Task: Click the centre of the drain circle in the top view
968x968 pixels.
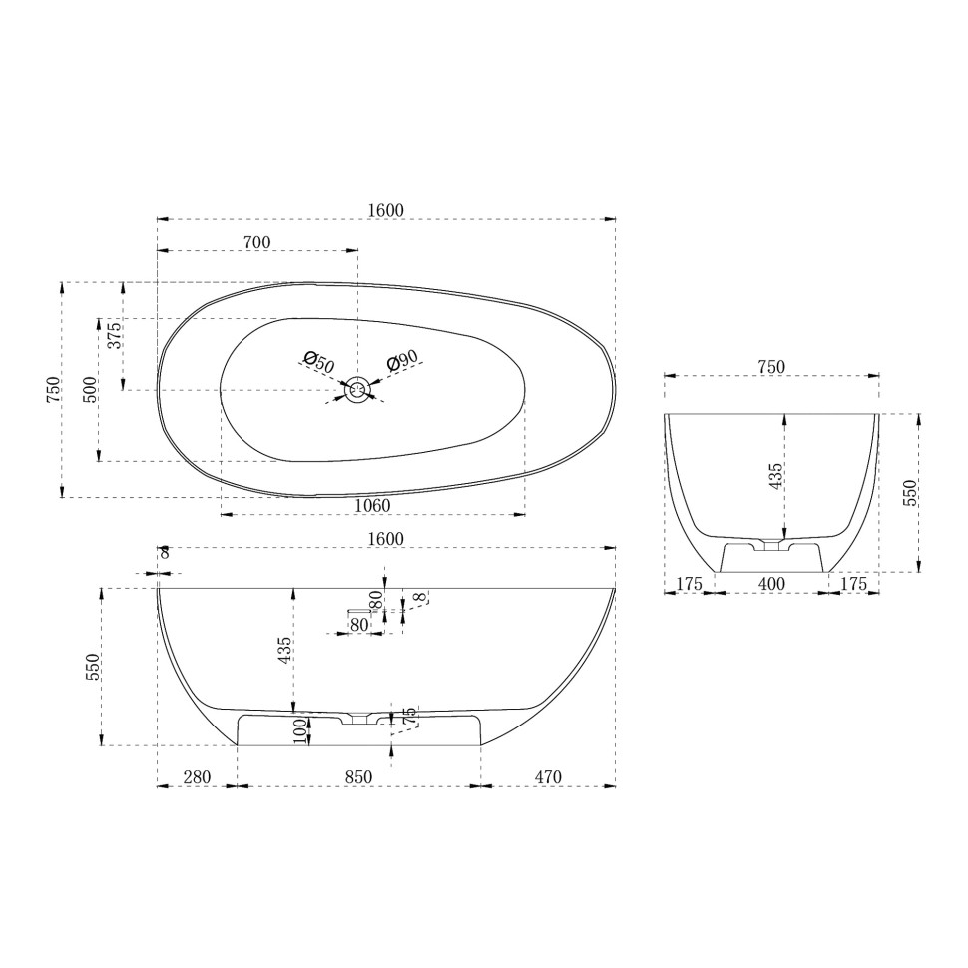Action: click(x=357, y=390)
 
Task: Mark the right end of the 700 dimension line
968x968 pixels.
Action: click(x=357, y=250)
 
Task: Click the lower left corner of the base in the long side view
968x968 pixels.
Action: click(x=238, y=745)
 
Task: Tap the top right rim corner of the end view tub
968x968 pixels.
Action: click(x=878, y=414)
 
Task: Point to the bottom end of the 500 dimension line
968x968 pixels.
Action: click(x=98, y=460)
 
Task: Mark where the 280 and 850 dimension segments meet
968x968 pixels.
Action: click(x=238, y=786)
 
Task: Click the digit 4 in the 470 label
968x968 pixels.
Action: click(x=539, y=776)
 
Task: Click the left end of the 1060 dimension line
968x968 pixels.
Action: click(x=221, y=514)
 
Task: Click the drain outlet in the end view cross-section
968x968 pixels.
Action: click(x=771, y=545)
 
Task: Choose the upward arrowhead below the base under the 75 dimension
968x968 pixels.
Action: click(x=391, y=750)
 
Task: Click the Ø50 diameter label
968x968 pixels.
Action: click(x=319, y=362)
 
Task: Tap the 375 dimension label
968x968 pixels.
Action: click(x=116, y=336)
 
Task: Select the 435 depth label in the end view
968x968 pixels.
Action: click(x=775, y=475)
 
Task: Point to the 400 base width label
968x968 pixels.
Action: click(x=771, y=584)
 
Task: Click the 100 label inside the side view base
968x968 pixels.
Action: click(x=300, y=730)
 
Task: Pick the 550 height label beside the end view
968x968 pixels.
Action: click(x=910, y=493)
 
